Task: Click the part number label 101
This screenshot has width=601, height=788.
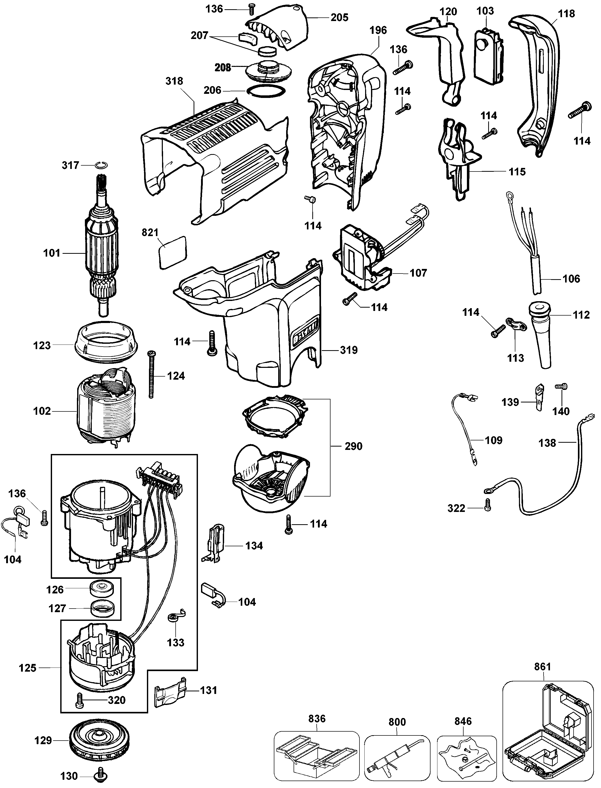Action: click(x=52, y=253)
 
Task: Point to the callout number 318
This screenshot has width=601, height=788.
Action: click(x=174, y=81)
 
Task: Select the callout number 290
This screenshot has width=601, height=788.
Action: click(x=353, y=446)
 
